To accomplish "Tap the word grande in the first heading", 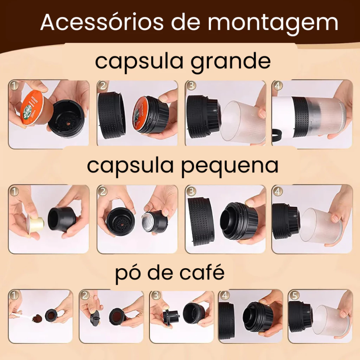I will click(230, 62).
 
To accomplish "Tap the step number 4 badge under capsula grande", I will click(278, 86).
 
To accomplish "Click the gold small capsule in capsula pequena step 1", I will click(36, 225).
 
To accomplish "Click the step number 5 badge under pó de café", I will click(294, 296).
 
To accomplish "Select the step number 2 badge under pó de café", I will click(85, 296).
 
